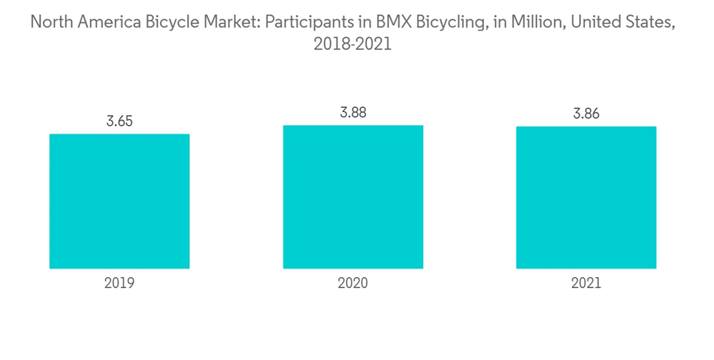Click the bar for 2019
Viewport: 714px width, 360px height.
[119, 201]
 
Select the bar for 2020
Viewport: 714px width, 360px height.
[353, 196]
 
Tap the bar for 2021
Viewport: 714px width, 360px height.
[586, 197]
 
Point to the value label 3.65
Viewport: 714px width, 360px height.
[119, 121]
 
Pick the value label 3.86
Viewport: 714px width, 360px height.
[586, 114]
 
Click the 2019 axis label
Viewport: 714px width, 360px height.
[119, 283]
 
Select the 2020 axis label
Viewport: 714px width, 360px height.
[353, 283]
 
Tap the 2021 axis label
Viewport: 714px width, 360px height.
[586, 283]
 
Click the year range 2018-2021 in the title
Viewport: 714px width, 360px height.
[353, 44]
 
